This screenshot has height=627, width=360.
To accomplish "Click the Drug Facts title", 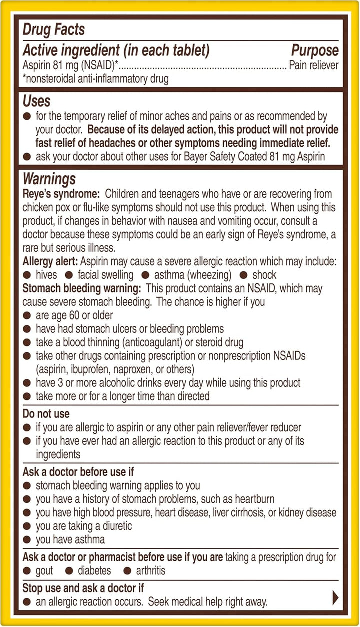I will (54, 29).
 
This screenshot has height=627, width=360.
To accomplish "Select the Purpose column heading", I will (315, 50).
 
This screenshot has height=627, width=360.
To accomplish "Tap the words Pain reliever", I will (314, 65).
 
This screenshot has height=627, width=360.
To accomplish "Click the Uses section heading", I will (37, 101).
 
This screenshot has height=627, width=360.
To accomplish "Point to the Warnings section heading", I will (49, 179).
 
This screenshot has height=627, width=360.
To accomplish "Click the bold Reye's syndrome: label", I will (61, 194).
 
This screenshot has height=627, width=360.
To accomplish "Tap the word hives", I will (46, 275).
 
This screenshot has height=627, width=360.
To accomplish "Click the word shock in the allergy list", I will (264, 275).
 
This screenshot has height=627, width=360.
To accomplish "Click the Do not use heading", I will (46, 414).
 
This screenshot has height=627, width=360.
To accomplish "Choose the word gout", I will (44, 570).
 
